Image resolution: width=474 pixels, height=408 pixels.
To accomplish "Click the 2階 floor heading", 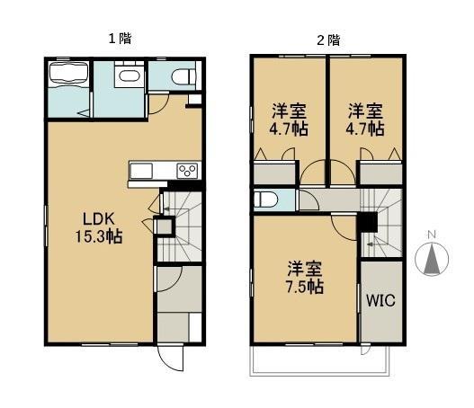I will (x=328, y=40).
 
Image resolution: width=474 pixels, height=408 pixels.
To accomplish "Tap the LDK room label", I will (x=99, y=218).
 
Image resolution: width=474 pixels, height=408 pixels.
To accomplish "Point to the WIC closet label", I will (x=380, y=300).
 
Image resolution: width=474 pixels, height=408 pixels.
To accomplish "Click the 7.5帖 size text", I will (x=305, y=288).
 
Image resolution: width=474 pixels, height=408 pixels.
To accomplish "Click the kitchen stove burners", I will (x=188, y=171).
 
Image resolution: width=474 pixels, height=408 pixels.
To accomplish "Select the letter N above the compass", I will (x=431, y=236).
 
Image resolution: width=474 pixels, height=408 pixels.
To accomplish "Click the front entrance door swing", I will (x=171, y=358).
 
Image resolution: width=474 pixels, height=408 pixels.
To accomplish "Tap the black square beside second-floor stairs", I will (x=368, y=222).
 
